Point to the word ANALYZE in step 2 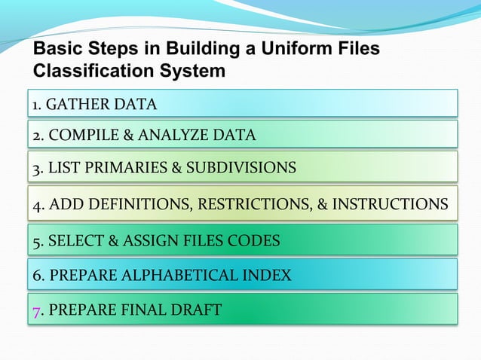click(x=170, y=136)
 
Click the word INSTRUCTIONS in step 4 click(x=391, y=204)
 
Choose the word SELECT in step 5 click(x=75, y=241)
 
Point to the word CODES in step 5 click(x=255, y=241)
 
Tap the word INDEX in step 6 click(x=268, y=275)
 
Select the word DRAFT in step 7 click(x=196, y=310)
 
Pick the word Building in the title click(x=205, y=51)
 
